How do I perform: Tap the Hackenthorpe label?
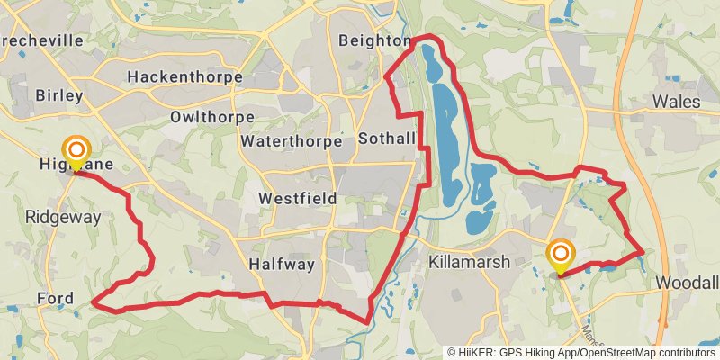(184, 77)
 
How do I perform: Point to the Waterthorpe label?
(292, 141)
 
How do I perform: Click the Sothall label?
(387, 139)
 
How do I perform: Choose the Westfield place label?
(297, 198)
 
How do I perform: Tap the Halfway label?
(282, 264)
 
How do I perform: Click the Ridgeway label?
(63, 217)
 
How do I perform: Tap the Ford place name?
(55, 298)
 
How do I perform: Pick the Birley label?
(58, 95)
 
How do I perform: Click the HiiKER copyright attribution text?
(581, 353)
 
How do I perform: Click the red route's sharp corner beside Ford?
(94, 303)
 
